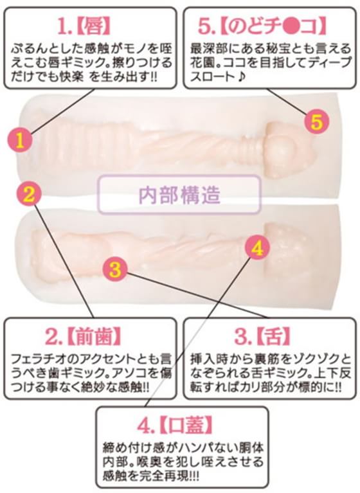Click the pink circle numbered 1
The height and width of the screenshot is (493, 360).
pos(20,141)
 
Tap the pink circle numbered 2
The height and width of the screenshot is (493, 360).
pos(29,193)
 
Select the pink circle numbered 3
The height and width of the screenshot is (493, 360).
pos(115,269)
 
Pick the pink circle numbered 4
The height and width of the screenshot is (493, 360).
pos(257,248)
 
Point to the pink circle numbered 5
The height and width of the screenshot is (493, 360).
pos(317,121)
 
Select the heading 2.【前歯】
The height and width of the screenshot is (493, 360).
pos(84,338)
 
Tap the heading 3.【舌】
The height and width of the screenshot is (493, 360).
pos(262,336)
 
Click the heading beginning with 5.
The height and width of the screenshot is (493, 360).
pos(262,26)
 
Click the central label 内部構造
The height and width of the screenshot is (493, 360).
pos(179,195)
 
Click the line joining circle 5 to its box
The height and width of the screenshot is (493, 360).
pos(287,101)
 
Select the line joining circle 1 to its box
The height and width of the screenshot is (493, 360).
pos(62,111)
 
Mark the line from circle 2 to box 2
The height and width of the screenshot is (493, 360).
pos(64,262)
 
